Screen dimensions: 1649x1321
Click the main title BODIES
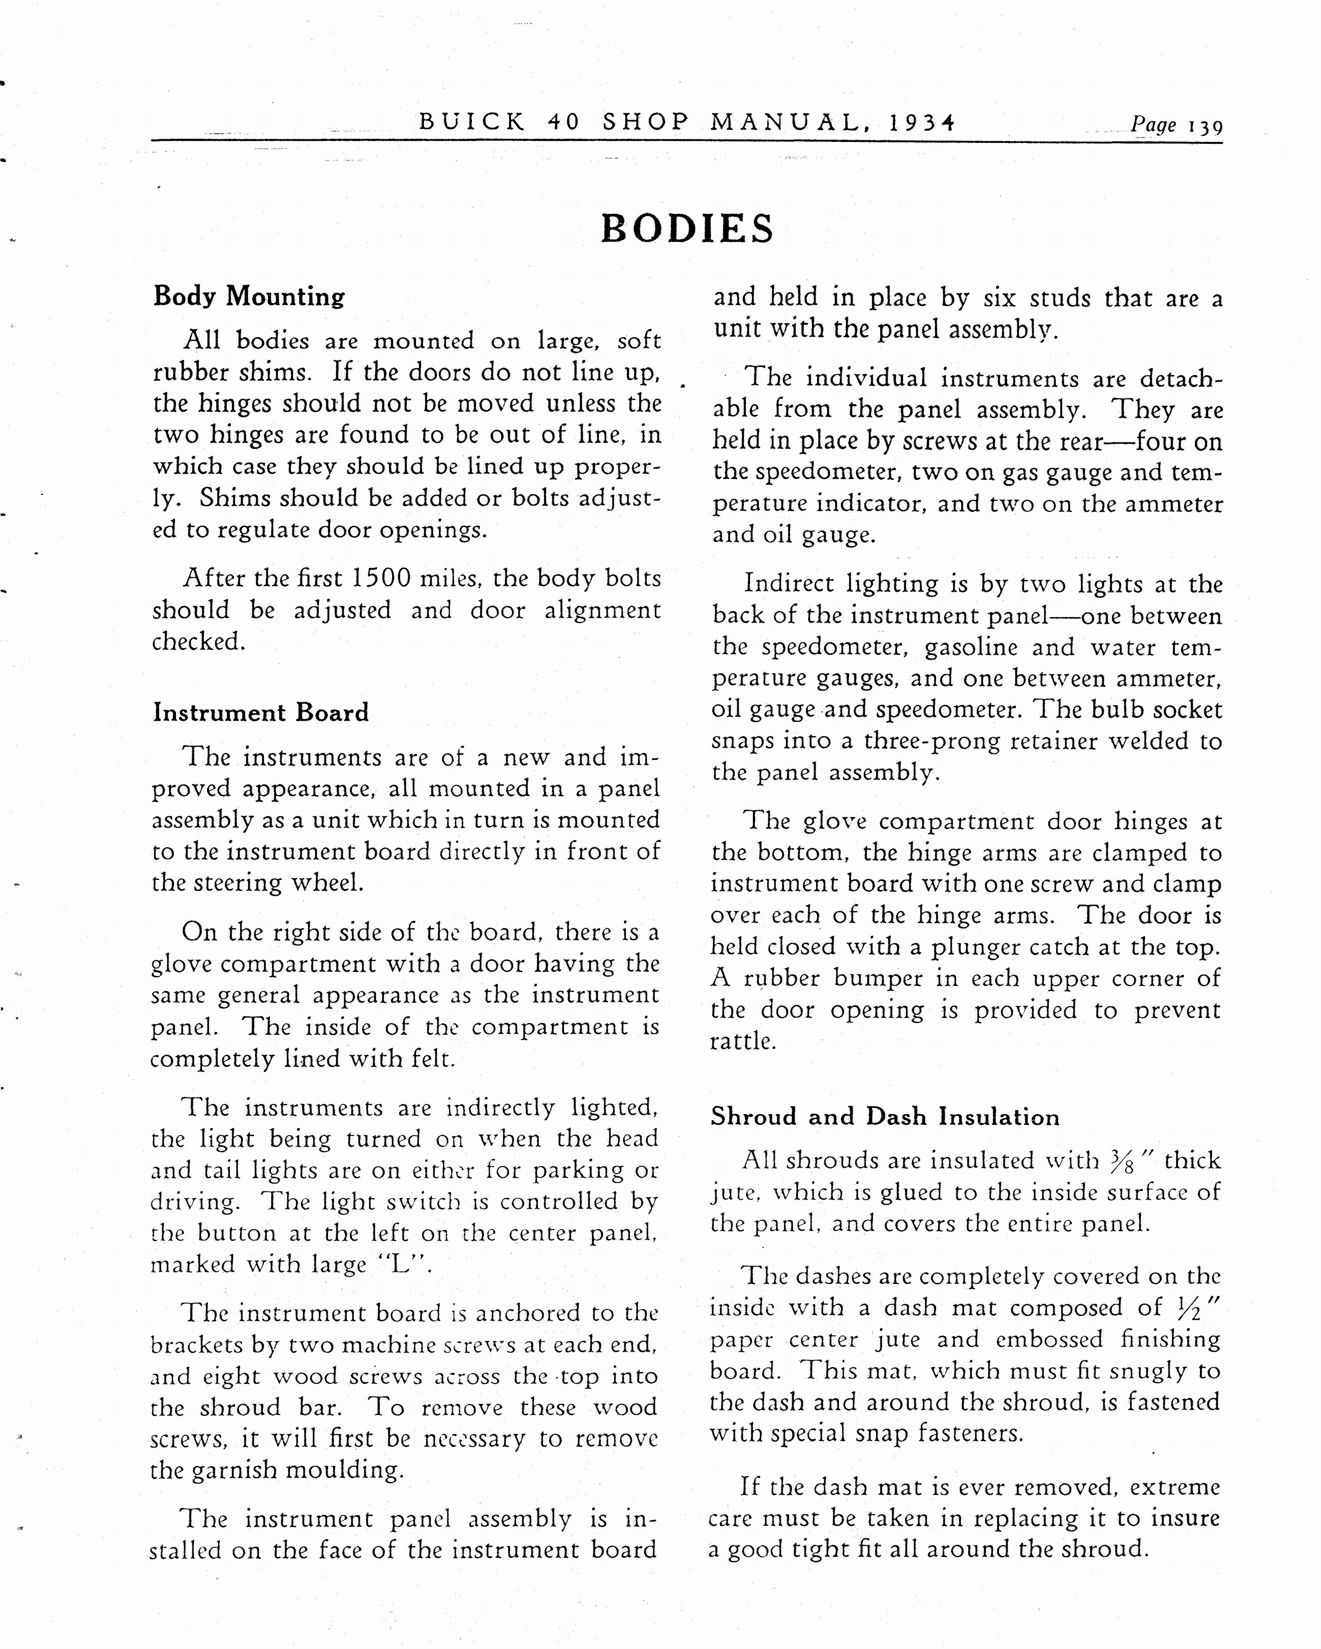click(687, 229)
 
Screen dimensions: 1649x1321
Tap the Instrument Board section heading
click(261, 713)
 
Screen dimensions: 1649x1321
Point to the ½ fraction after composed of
click(1191, 1308)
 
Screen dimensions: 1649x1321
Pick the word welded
click(1143, 741)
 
